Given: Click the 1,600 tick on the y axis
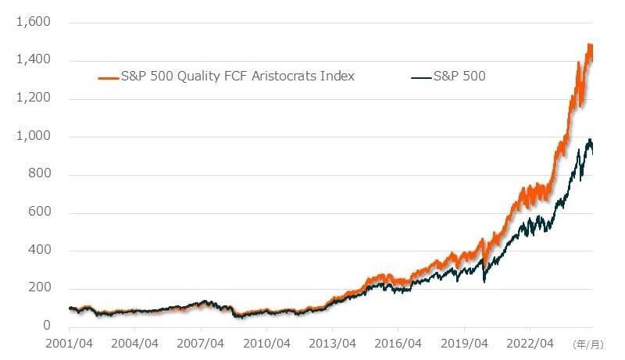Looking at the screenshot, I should [x=33, y=23].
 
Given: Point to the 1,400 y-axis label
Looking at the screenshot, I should [x=33, y=60].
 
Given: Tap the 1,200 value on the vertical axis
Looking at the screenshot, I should [x=33, y=98].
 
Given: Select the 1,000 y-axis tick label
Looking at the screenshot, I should [x=33, y=136].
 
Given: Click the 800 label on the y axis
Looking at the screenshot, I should [x=39, y=174].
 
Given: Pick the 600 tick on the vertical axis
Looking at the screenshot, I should [x=39, y=212].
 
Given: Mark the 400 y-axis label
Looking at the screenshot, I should [x=39, y=250].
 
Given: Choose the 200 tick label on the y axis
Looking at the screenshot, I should [x=39, y=288].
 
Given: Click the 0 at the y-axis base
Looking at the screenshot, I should [x=47, y=326].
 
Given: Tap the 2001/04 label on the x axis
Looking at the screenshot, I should [x=70, y=343].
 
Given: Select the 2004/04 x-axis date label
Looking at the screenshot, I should [x=135, y=343].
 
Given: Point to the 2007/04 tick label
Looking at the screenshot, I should [x=202, y=343].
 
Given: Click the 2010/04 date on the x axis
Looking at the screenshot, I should [x=267, y=343].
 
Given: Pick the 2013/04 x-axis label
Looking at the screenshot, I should [x=333, y=343].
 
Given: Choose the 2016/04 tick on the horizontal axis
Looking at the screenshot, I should [x=398, y=343].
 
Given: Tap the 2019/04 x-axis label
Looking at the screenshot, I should [x=465, y=343].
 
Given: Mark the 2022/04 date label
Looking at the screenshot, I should [x=530, y=343].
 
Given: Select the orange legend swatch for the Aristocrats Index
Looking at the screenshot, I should [x=108, y=77].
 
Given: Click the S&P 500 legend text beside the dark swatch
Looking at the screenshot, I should [x=459, y=77].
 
